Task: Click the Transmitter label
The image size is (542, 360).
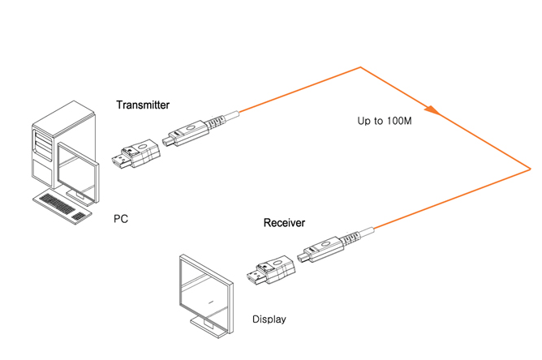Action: point(143,105)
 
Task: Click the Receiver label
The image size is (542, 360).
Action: point(284,222)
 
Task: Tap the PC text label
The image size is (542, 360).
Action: point(120,219)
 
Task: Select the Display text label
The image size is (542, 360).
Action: point(269,319)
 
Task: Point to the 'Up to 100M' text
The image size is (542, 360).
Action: point(385,121)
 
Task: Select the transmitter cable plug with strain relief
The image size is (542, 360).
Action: point(195,129)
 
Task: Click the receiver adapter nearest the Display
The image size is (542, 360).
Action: point(272,272)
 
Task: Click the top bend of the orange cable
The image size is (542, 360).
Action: point(361,67)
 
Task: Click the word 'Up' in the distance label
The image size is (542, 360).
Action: point(364,121)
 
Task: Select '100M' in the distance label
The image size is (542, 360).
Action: point(399,121)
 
